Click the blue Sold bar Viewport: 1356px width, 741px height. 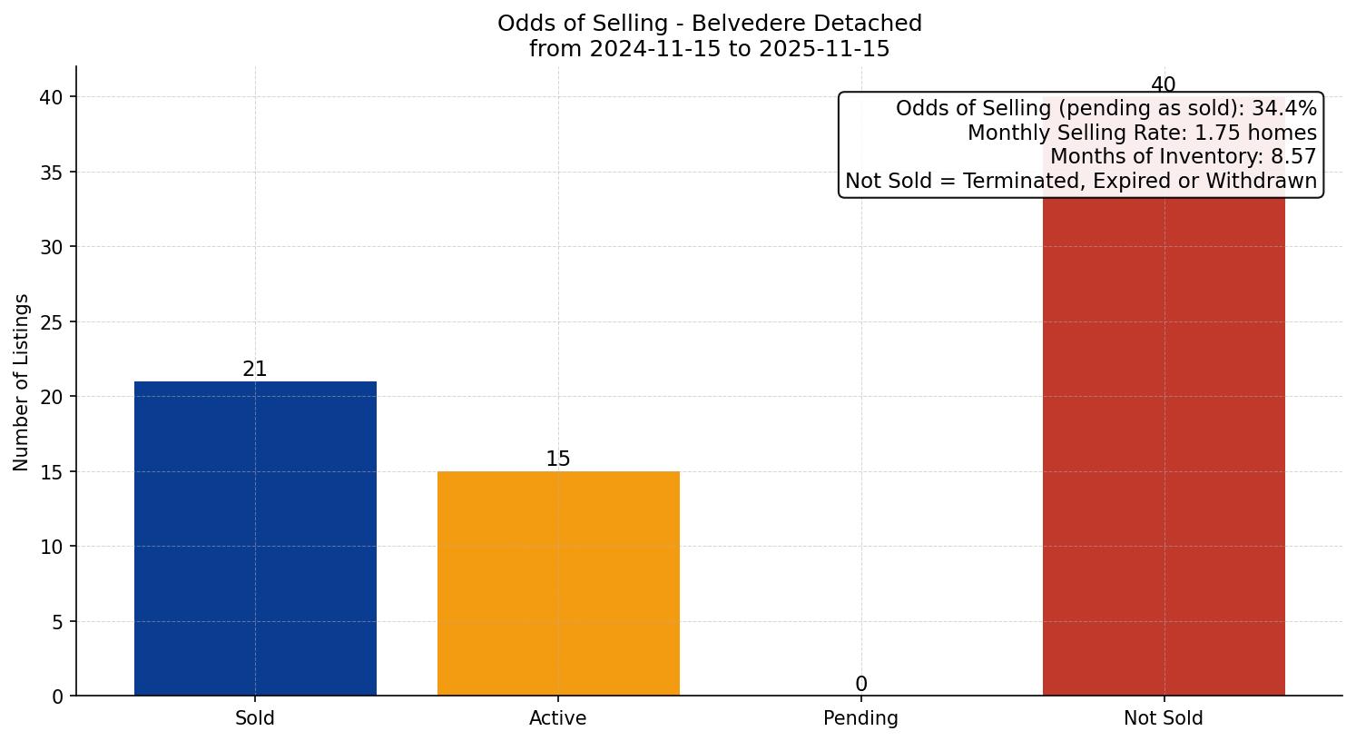[255, 538]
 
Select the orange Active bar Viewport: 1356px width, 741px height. [558, 583]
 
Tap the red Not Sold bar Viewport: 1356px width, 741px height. [1164, 445]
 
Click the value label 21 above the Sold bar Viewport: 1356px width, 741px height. [255, 370]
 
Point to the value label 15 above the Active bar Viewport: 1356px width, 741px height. [558, 459]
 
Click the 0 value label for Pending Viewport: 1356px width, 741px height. [860, 685]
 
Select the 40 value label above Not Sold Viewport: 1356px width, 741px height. [1163, 85]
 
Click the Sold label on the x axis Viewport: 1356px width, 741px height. [255, 718]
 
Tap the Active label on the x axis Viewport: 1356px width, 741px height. [558, 718]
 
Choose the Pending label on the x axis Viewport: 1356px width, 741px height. [860, 718]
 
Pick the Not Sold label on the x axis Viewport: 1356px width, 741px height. [1164, 718]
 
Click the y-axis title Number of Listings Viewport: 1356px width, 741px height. [22, 381]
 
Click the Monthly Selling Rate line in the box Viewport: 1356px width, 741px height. [1142, 133]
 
